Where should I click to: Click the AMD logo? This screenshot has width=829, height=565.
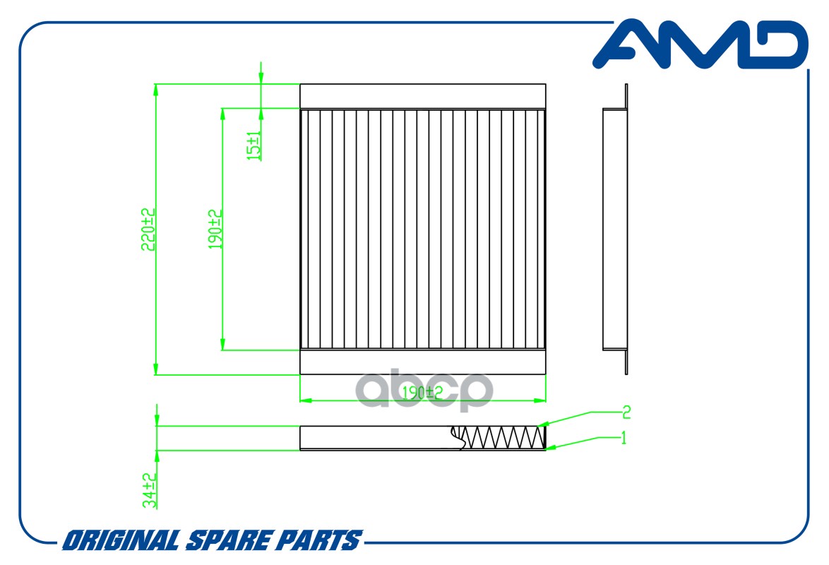click(x=700, y=44)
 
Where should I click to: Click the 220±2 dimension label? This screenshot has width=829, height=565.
click(x=148, y=230)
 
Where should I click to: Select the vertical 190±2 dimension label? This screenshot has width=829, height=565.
click(x=215, y=230)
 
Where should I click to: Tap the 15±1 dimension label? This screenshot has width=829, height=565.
click(x=254, y=145)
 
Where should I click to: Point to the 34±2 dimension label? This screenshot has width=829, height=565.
click(x=150, y=490)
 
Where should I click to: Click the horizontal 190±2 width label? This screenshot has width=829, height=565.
click(x=422, y=393)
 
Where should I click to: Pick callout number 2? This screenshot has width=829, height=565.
click(x=626, y=412)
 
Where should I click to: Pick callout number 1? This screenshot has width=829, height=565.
click(x=624, y=438)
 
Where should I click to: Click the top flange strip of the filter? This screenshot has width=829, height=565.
click(x=422, y=96)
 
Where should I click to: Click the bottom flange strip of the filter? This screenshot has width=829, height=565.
click(x=422, y=362)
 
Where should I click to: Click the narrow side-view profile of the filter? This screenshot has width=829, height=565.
click(x=616, y=229)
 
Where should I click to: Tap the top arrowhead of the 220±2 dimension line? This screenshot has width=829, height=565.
click(x=155, y=90)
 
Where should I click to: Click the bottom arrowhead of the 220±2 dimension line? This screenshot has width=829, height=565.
click(x=155, y=368)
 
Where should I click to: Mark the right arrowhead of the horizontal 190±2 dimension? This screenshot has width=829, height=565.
click(x=539, y=400)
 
